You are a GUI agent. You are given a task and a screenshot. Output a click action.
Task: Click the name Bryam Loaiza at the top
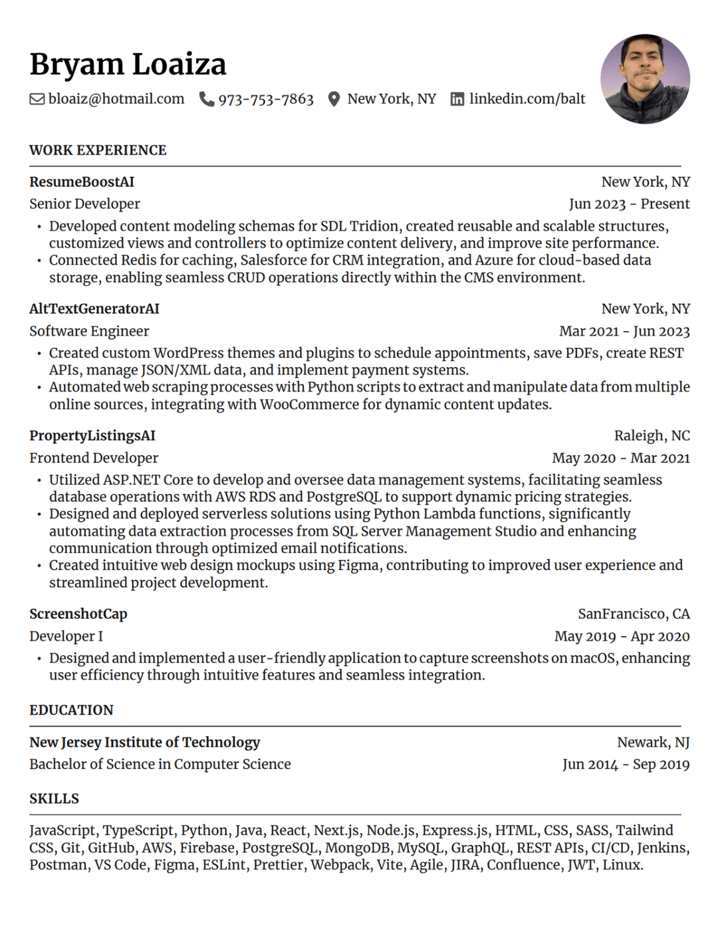pos(128,64)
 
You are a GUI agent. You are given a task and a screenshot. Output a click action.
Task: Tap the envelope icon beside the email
pos(37,99)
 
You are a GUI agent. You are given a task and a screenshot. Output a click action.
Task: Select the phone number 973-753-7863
pos(265,99)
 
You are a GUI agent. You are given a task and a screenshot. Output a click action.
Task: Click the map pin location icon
pos(334,99)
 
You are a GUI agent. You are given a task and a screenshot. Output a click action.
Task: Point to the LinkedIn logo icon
pos(457,99)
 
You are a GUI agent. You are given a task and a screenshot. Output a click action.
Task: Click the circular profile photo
pos(645,79)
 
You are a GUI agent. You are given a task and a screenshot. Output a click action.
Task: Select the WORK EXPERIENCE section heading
pos(98,150)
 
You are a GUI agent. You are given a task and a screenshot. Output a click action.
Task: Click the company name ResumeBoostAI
pos(82,181)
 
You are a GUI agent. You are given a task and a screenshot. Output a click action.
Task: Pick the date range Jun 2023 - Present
pos(629,204)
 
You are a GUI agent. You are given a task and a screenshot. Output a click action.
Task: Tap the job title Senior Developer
pos(84,204)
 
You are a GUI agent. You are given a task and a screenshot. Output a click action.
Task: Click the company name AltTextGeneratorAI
pos(94,308)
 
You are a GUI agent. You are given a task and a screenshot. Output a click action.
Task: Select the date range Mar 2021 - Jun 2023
pos(624,331)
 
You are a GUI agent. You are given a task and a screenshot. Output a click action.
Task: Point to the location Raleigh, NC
pos(652,435)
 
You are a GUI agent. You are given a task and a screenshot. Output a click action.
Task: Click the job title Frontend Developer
pos(94,458)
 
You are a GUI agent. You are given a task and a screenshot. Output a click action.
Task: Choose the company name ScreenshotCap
pos(78,614)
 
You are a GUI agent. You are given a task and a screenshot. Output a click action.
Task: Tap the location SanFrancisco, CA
pos(634,614)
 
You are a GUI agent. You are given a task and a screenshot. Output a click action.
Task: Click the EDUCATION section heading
pos(71,710)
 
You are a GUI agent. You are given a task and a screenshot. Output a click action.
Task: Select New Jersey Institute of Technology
pos(145,742)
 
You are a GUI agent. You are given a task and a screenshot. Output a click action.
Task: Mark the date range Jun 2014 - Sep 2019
pos(626,764)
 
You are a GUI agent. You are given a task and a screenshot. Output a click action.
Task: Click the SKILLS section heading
pos(54,798)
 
